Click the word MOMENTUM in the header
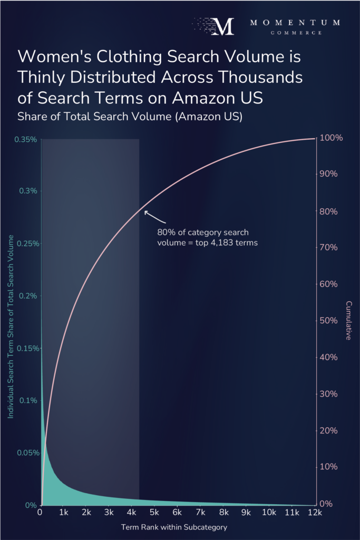[x=295, y=23]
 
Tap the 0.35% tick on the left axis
[x=26, y=139]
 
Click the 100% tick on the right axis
[x=332, y=138]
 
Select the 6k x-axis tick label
[x=178, y=512]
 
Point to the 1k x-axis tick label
[x=63, y=512]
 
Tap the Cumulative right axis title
[x=349, y=320]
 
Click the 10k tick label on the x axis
[x=269, y=512]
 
